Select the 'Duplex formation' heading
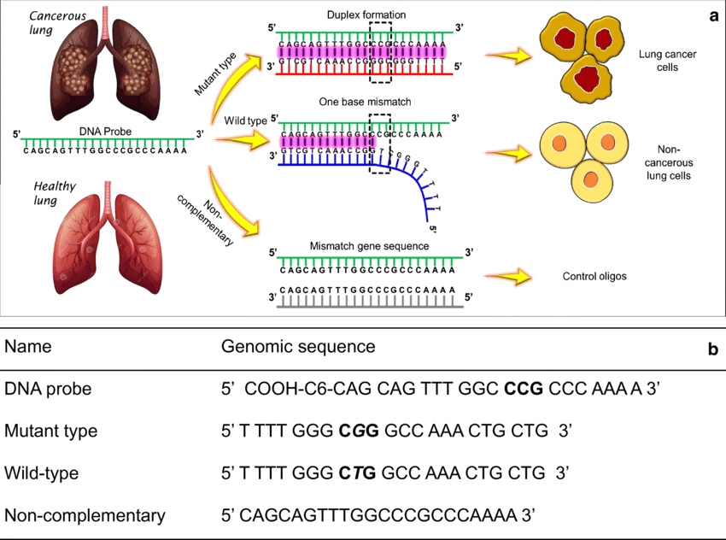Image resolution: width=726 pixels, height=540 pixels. point(366,15)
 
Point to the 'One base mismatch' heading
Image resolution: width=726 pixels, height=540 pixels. point(365,102)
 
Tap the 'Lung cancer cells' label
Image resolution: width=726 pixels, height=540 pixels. point(663,60)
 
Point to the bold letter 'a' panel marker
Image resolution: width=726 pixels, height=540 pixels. point(711,15)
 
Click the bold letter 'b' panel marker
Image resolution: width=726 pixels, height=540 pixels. point(712,349)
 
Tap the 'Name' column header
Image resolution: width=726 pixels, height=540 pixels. point(28,347)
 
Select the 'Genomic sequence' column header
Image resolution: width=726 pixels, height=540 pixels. point(298,347)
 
